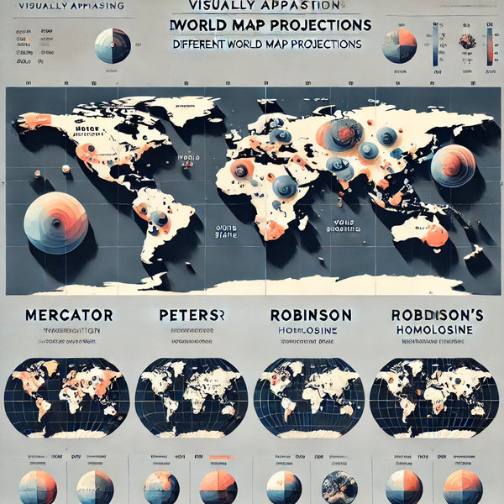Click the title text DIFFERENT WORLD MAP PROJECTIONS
[x=265, y=43]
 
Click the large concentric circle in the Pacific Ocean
[x=55, y=222]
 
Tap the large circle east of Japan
[x=453, y=165]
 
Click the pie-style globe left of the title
[x=113, y=46]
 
